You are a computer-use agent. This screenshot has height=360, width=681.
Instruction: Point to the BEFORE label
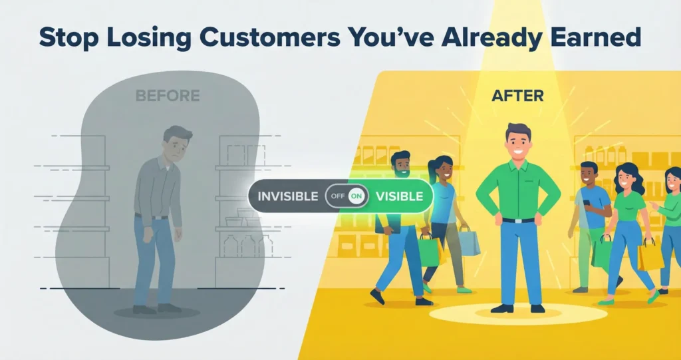(x=168, y=96)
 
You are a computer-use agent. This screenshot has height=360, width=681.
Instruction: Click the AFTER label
(x=517, y=96)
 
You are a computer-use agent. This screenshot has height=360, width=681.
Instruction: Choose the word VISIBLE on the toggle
(x=399, y=197)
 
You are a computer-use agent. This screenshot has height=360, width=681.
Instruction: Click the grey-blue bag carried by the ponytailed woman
(x=468, y=241)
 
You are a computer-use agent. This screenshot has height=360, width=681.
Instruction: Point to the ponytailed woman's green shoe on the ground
(x=464, y=290)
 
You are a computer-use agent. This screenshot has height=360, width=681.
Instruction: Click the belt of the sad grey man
(x=152, y=216)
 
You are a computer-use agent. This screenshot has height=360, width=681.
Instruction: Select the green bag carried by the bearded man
(x=429, y=250)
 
